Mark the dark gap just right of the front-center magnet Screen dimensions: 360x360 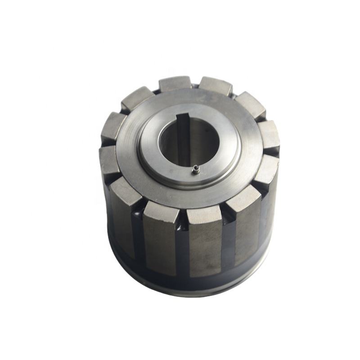228,238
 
